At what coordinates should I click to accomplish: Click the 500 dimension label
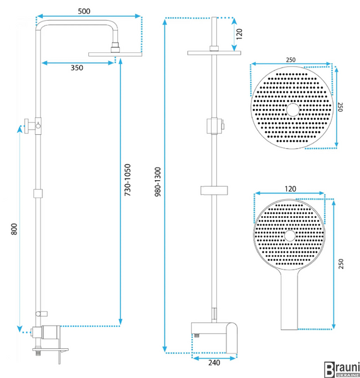click(84, 11)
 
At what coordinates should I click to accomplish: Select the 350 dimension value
click(77, 68)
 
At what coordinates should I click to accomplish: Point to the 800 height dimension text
click(15, 229)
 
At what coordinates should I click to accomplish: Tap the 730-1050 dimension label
click(127, 180)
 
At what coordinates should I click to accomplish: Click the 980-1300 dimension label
click(158, 182)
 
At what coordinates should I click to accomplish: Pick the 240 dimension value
click(214, 363)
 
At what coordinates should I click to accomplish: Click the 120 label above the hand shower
click(290, 189)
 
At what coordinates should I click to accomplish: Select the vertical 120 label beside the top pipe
click(239, 34)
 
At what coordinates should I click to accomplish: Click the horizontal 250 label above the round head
click(291, 60)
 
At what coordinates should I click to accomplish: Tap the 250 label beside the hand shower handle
click(340, 264)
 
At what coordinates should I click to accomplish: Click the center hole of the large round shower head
click(293, 110)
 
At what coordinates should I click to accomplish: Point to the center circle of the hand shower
click(289, 236)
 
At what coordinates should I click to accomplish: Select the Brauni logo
click(342, 369)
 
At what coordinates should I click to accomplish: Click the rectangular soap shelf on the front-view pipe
click(214, 190)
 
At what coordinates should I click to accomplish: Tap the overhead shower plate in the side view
click(115, 54)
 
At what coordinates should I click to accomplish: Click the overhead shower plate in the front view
click(214, 53)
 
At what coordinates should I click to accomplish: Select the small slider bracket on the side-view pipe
click(38, 193)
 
